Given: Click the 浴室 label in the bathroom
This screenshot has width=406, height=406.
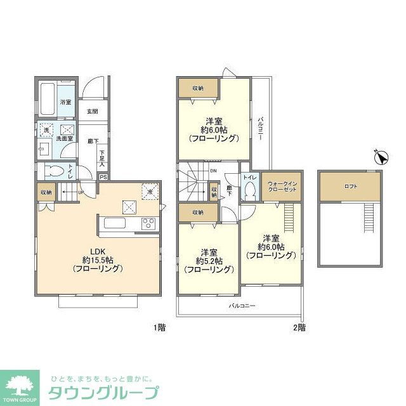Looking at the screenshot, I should [x=65, y=102].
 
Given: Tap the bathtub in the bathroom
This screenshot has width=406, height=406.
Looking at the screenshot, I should [x=47, y=98].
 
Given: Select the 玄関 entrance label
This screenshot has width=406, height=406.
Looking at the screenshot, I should [x=93, y=112].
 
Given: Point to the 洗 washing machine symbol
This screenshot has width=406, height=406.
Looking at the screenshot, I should [x=46, y=130].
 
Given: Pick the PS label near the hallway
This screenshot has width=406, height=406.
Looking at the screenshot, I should [x=103, y=178].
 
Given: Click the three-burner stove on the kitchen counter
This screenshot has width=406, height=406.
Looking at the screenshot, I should [x=148, y=223].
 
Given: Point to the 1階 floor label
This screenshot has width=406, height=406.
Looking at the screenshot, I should [x=160, y=328].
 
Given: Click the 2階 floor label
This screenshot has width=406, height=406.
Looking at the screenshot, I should [x=299, y=328].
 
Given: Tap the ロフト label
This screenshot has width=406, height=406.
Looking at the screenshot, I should [x=351, y=186].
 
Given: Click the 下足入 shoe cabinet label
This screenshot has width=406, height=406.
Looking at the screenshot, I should [x=102, y=156].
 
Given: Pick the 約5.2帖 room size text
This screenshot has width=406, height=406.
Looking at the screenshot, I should [x=208, y=261].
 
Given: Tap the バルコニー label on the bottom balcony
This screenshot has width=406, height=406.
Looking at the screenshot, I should [x=242, y=306].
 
